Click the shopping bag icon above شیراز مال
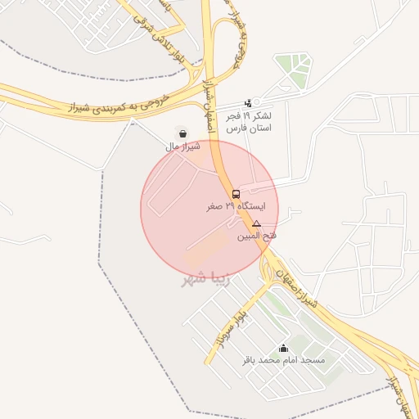point(181,133)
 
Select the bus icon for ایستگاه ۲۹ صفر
point(237,195)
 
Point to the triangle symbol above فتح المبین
point(256,223)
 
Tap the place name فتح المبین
point(256,236)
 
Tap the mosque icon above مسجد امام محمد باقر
point(283,348)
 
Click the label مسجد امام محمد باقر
point(283,360)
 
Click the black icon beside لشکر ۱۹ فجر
point(248,103)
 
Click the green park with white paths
point(292,67)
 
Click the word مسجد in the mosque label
point(313,360)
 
